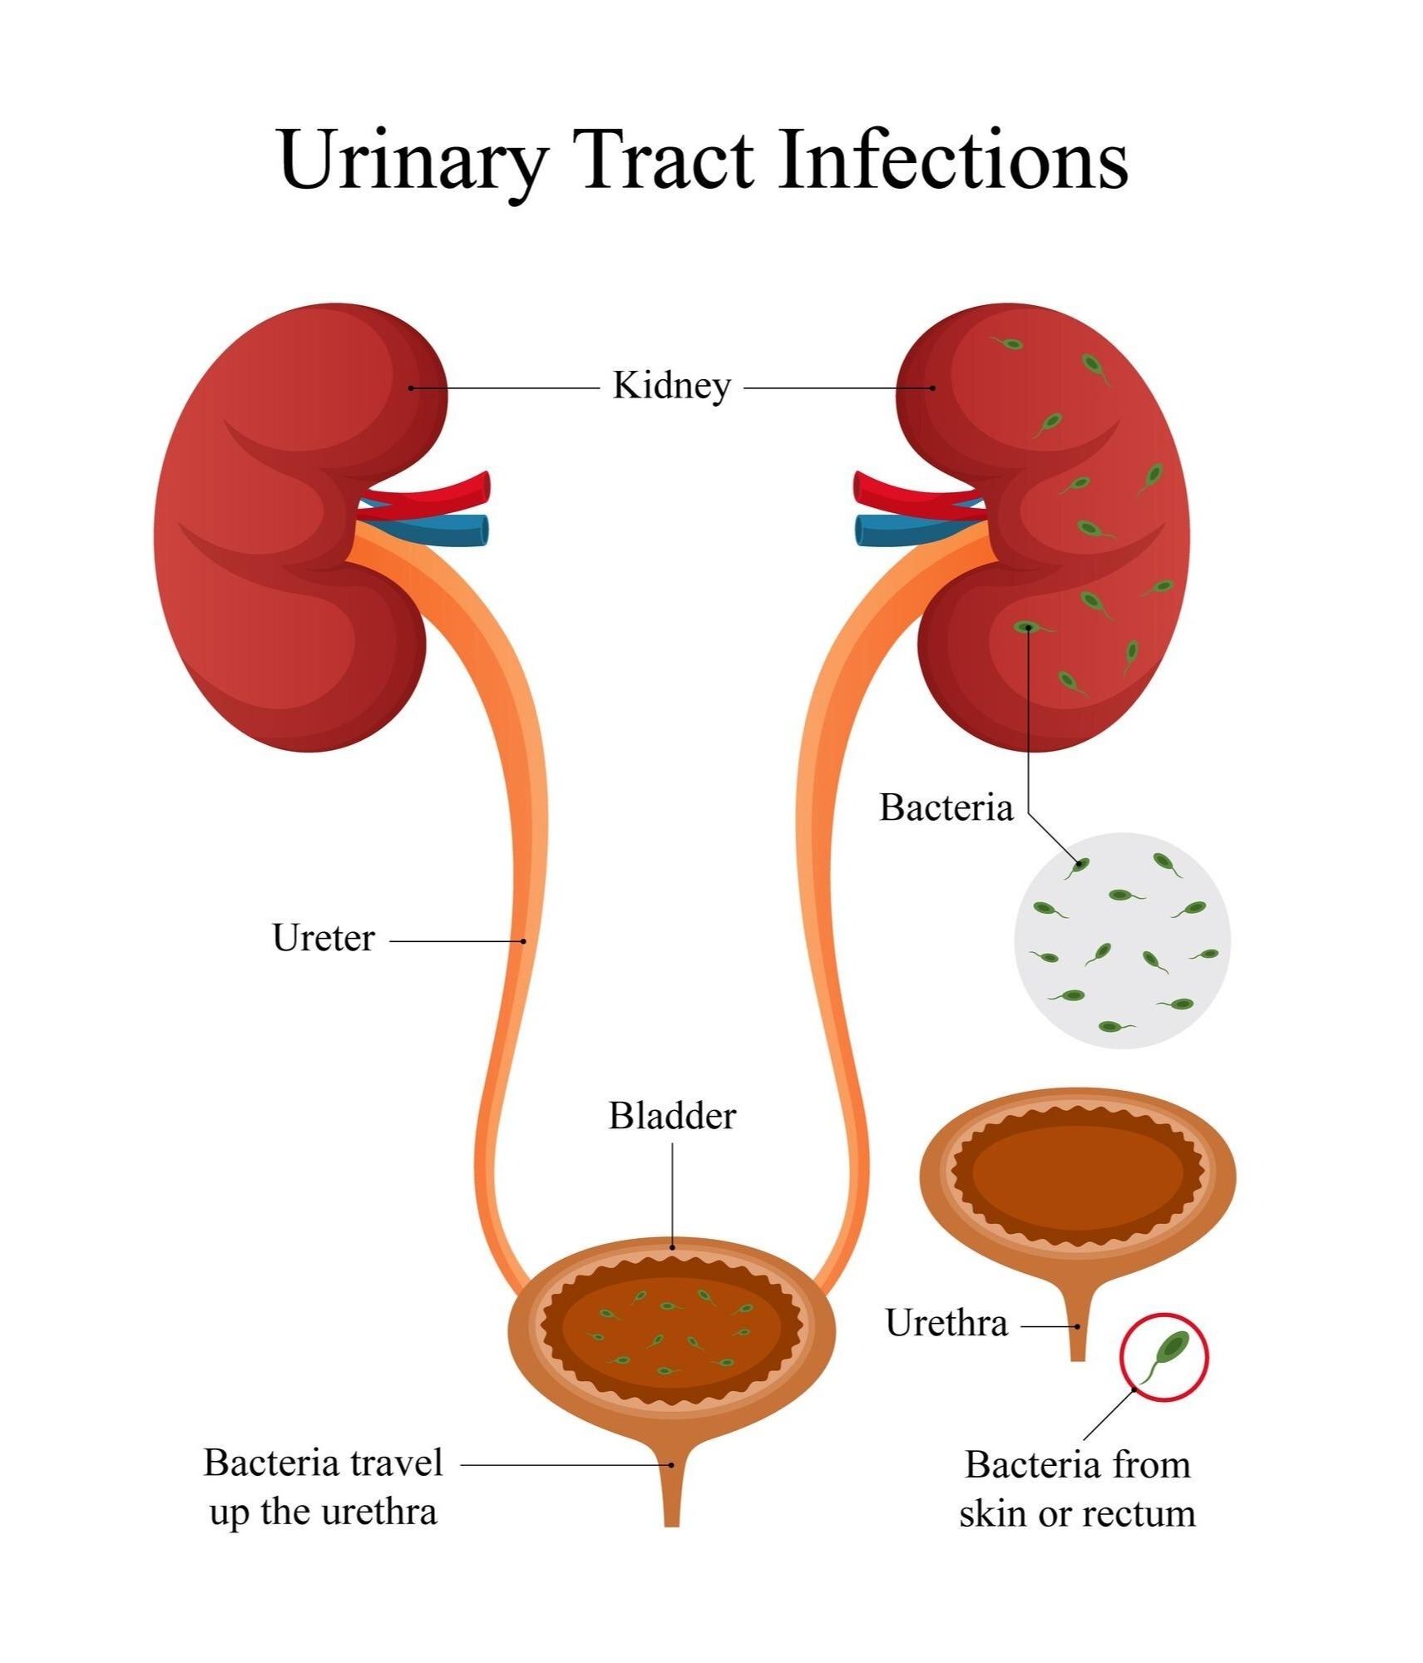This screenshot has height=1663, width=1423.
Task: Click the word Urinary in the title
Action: tap(413, 161)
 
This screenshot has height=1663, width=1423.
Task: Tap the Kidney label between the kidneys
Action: tap(671, 387)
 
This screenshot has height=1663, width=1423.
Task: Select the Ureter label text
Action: tap(324, 938)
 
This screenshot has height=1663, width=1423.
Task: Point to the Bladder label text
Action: tap(672, 1116)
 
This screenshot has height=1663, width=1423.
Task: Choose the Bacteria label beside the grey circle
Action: tap(946, 807)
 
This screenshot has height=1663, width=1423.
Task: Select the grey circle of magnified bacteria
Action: tap(1122, 940)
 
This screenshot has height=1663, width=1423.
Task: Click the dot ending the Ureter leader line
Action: tap(524, 941)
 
